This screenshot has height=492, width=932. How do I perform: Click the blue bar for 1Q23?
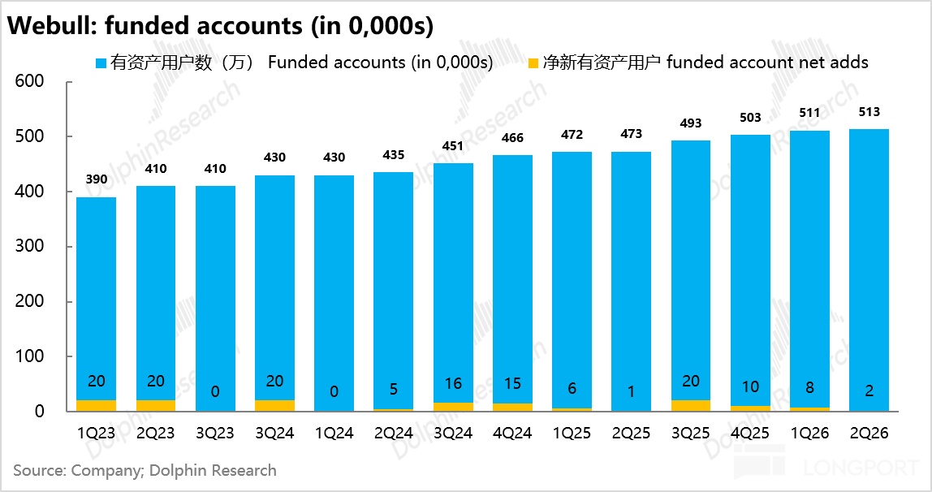(x=97, y=298)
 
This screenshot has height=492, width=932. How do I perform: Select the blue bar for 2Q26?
(x=869, y=270)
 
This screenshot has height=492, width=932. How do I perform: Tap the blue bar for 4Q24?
(x=512, y=279)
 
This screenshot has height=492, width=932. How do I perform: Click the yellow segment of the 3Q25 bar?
(x=691, y=405)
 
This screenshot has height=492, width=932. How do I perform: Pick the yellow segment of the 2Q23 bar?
(x=156, y=405)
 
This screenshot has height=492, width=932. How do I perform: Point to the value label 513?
(x=869, y=112)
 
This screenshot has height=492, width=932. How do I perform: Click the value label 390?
(x=97, y=179)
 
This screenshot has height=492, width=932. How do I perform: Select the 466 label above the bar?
(x=512, y=138)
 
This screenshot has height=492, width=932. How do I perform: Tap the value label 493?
(x=691, y=123)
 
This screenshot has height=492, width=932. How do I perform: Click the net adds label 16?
(x=453, y=384)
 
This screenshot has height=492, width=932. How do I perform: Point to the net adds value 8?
(x=809, y=387)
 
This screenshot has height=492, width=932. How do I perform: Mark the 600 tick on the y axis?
(x=30, y=81)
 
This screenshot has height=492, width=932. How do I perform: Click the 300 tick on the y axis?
(x=30, y=246)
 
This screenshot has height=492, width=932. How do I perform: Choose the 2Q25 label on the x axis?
(x=632, y=434)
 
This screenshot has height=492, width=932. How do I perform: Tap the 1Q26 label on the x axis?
(x=809, y=434)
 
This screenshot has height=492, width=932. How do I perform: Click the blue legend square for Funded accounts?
(x=101, y=63)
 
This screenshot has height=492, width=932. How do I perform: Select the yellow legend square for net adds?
(x=533, y=63)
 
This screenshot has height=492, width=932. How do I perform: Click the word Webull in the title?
(x=52, y=25)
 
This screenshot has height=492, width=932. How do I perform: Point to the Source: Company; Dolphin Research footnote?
(x=145, y=471)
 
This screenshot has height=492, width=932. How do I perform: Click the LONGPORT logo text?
(x=862, y=468)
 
